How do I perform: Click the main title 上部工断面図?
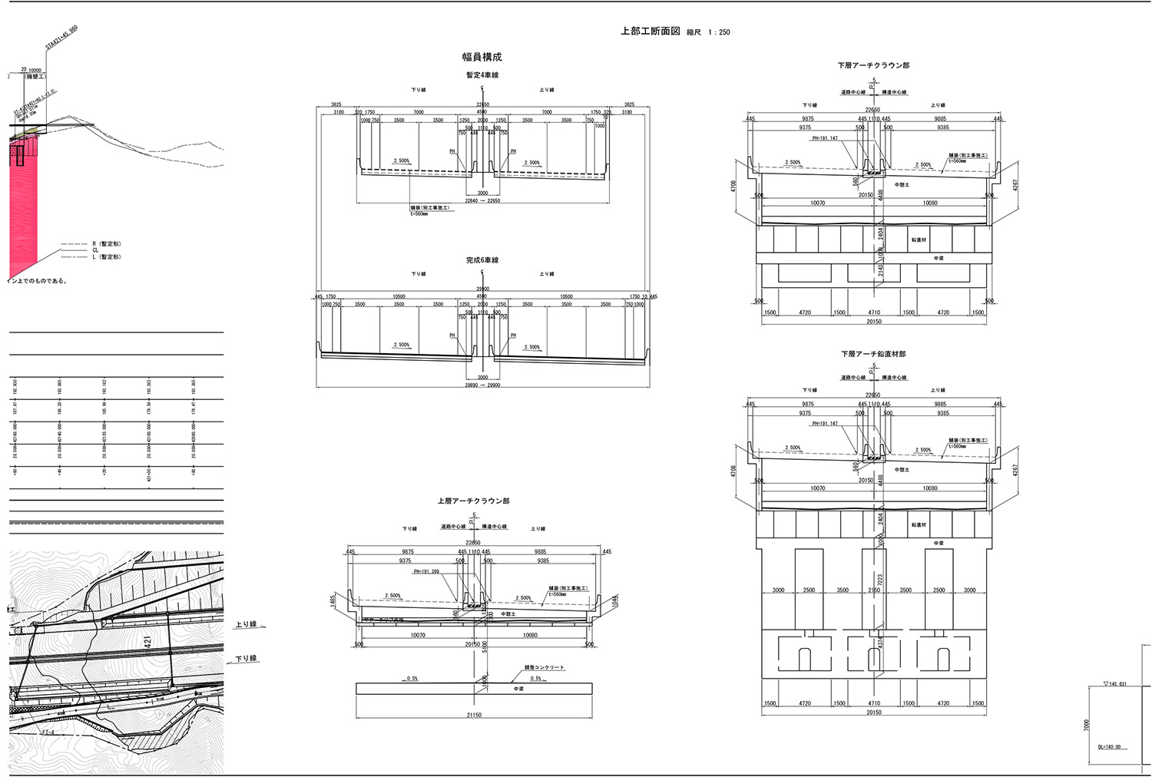[x=650, y=31]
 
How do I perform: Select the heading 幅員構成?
[x=482, y=57]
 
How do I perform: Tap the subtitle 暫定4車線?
[x=482, y=75]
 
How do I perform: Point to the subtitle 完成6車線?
[x=482, y=260]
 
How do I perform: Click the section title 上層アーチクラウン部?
[x=473, y=501]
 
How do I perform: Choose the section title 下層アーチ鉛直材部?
[x=873, y=354]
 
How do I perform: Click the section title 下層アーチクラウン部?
[x=873, y=65]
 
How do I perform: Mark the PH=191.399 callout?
[x=426, y=571]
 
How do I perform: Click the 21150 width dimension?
[x=474, y=716]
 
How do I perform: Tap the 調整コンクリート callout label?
[x=545, y=668]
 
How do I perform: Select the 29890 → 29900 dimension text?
[x=482, y=385]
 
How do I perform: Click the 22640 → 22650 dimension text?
[x=482, y=201]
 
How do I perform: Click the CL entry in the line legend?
[x=95, y=250]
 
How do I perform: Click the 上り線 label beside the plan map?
[x=246, y=625]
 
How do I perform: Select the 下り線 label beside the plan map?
[x=246, y=659]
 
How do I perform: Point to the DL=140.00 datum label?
[x=1108, y=746]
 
